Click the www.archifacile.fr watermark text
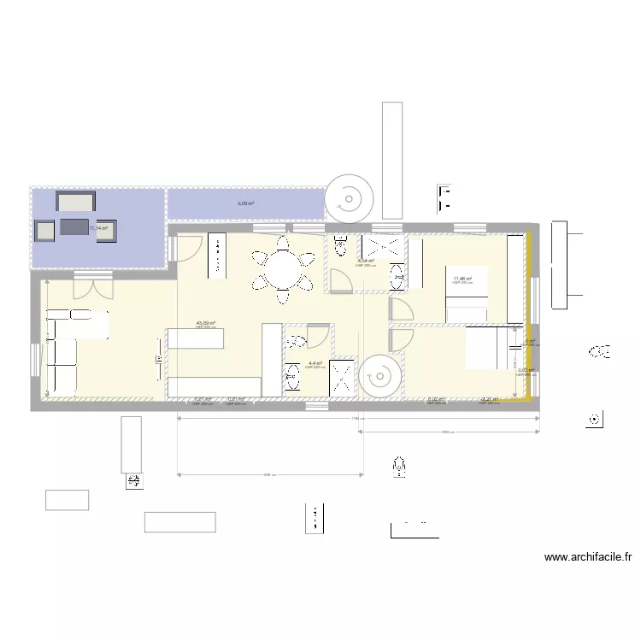click(x=587, y=558)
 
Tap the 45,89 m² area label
click(x=205, y=324)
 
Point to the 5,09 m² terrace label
click(x=245, y=204)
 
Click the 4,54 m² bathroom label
click(x=365, y=262)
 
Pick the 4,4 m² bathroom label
click(x=315, y=363)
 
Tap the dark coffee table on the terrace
click(x=74, y=227)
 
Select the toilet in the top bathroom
click(x=340, y=246)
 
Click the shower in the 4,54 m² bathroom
click(x=379, y=246)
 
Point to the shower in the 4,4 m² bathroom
click(x=344, y=377)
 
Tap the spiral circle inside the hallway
click(x=379, y=377)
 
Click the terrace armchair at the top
click(x=75, y=202)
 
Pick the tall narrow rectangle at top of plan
click(x=391, y=160)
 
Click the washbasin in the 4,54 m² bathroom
click(x=399, y=274)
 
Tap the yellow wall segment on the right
click(x=529, y=316)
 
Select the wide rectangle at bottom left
click(x=179, y=521)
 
